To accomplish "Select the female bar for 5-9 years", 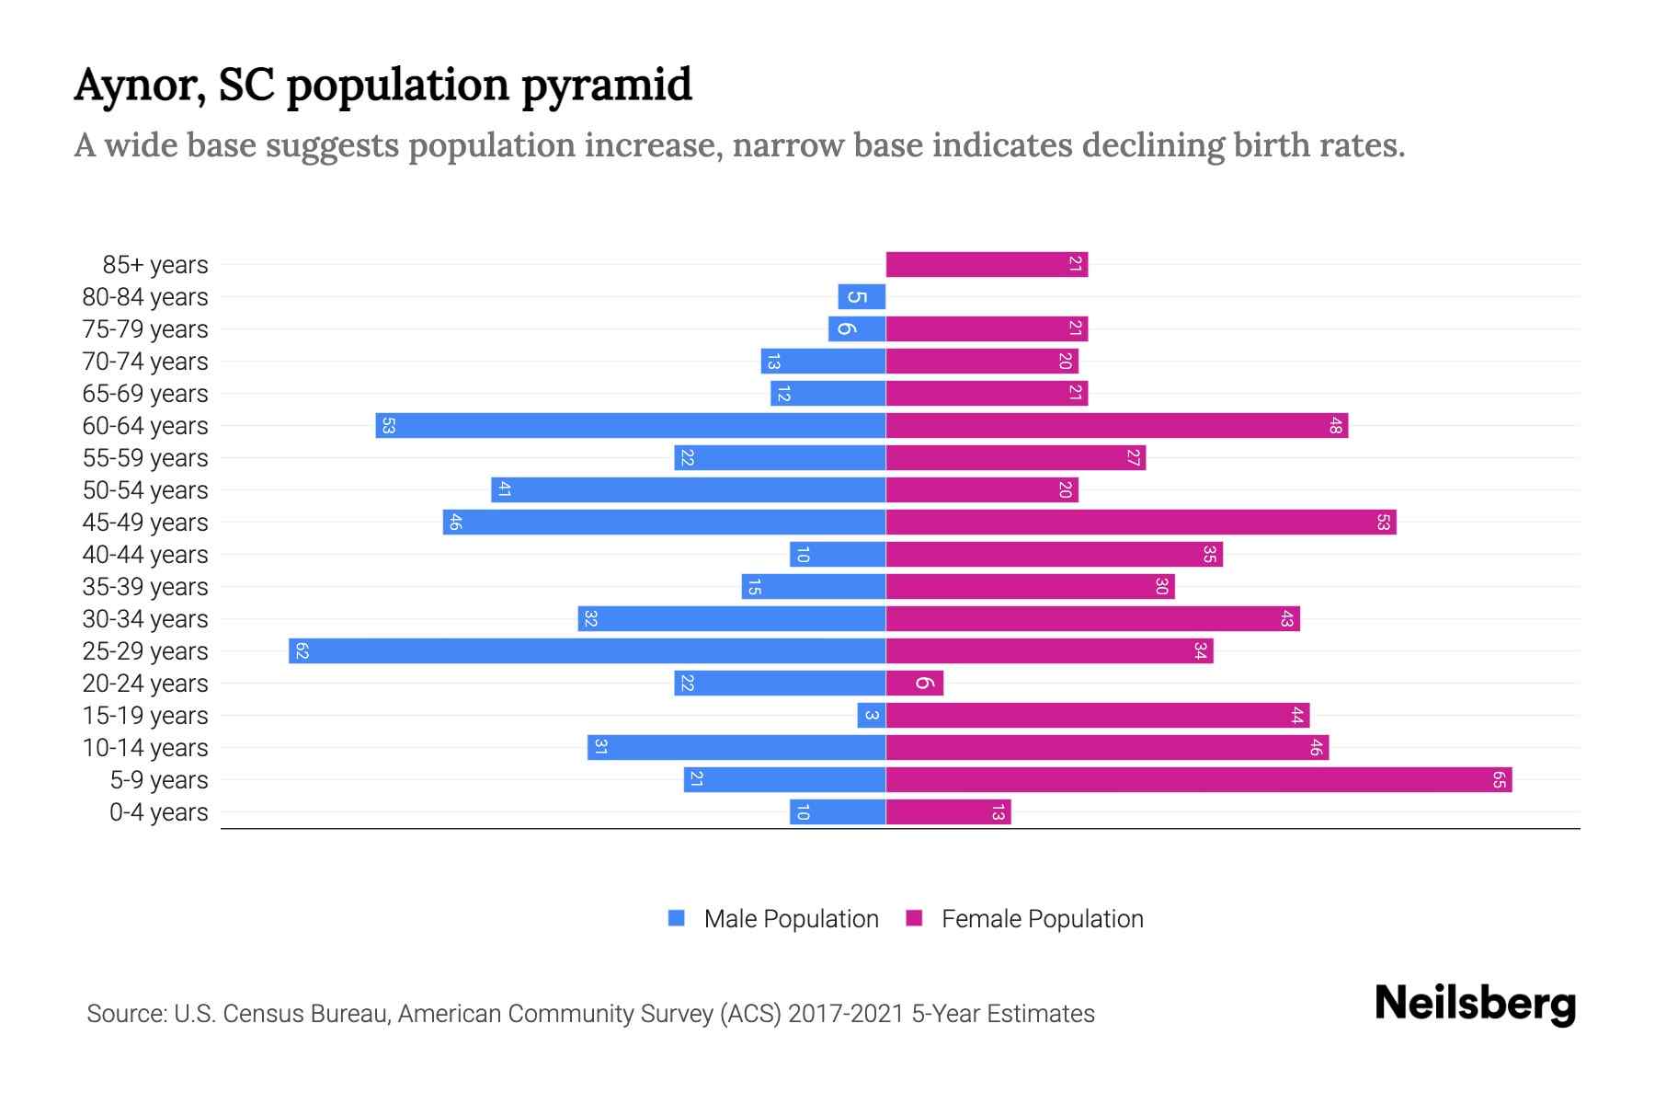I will tap(1198, 780).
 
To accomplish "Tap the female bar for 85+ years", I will tap(987, 265).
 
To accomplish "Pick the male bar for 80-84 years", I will tap(862, 297).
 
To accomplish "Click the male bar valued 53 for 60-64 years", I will tap(630, 426).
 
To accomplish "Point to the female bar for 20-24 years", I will tap(914, 684).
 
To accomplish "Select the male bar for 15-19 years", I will tap(871, 716).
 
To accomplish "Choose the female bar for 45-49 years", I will tap(1140, 523).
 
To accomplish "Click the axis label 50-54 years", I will tap(145, 490).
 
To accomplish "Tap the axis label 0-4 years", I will tap(158, 812).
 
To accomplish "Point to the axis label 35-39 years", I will tap(145, 587).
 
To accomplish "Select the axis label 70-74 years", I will tap(145, 362).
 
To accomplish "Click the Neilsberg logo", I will tap(1475, 1003).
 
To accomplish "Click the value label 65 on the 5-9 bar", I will tap(1499, 780).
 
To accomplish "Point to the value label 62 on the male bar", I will tap(302, 651).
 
